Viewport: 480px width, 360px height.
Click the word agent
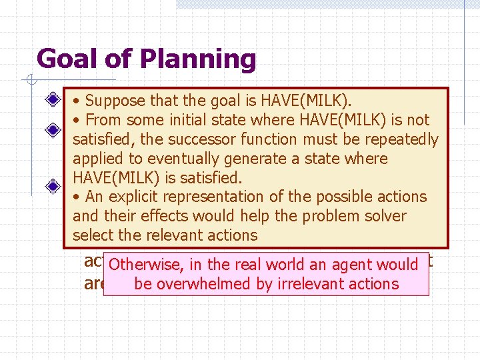click(x=353, y=265)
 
